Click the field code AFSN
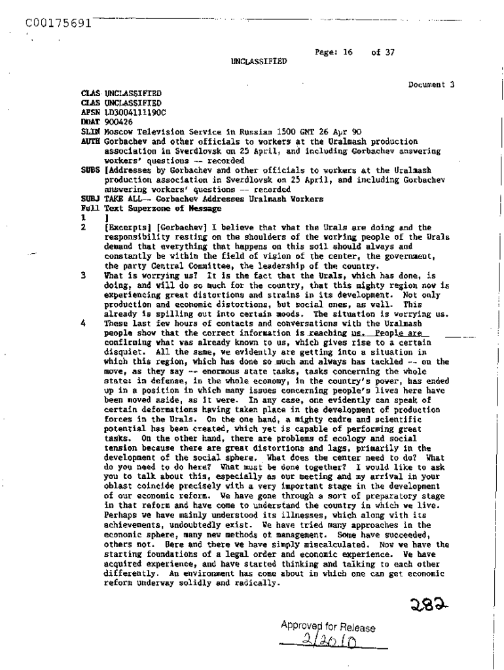click(x=88, y=112)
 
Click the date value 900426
click(x=118, y=122)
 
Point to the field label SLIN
click(x=88, y=132)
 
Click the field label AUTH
click(x=88, y=141)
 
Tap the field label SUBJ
click(x=88, y=199)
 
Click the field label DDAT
click(x=88, y=122)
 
